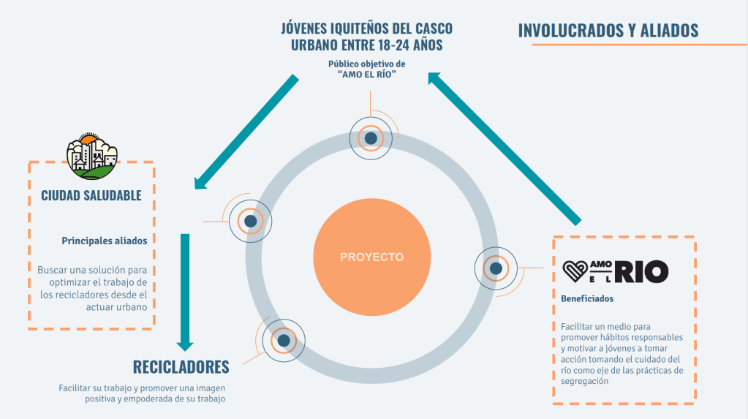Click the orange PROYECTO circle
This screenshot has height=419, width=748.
371,257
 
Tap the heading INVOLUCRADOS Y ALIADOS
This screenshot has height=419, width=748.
608,31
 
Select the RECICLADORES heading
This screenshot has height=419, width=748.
181,366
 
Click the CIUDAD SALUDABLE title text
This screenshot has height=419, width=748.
91,196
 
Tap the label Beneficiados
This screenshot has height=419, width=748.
587,298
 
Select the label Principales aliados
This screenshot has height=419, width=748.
104,240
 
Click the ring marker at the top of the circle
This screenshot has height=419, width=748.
371,137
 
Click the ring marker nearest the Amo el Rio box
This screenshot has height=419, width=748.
496,269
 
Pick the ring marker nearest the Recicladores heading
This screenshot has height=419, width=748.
283,340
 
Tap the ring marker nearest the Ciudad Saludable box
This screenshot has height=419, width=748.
250,220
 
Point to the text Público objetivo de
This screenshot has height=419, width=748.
366,64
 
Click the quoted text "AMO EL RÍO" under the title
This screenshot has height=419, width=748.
366,75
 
